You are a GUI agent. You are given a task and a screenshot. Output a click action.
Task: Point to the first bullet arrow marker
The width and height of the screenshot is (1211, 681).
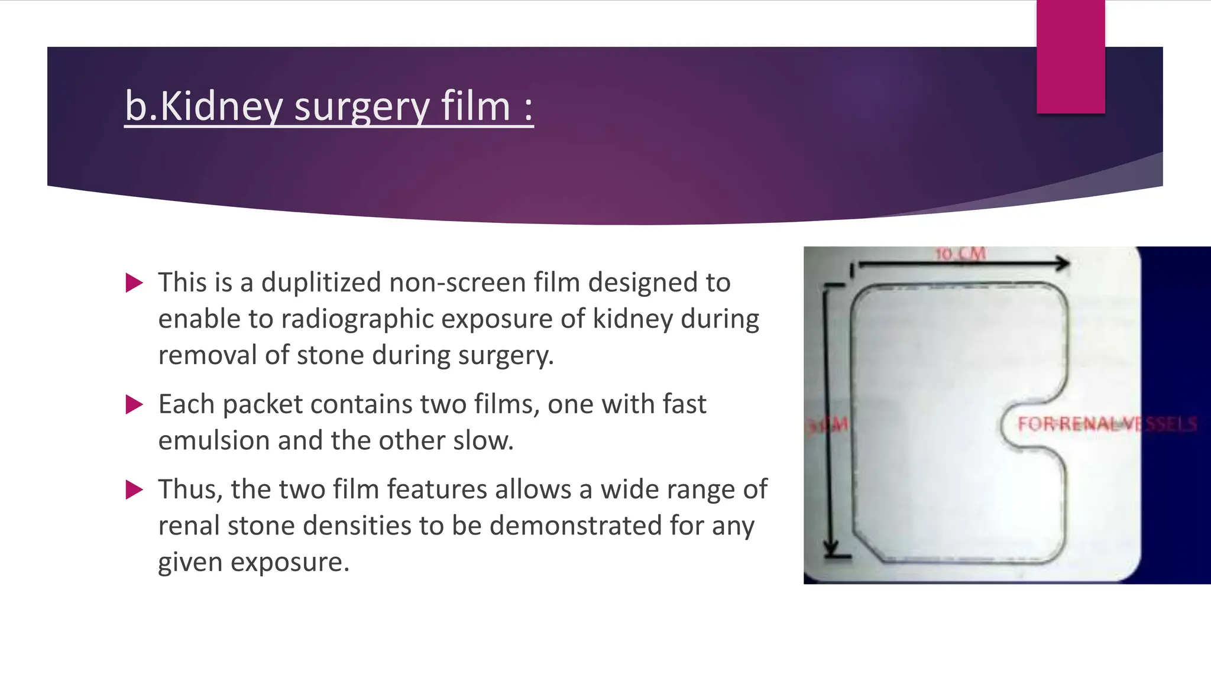click(x=135, y=283)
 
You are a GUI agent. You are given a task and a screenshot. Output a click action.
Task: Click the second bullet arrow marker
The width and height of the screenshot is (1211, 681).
click(x=135, y=405)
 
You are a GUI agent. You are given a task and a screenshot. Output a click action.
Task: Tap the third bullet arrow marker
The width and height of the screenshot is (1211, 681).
click(x=135, y=490)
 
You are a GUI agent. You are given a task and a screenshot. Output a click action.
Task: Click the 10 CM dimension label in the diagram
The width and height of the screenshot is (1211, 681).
click(x=961, y=254)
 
